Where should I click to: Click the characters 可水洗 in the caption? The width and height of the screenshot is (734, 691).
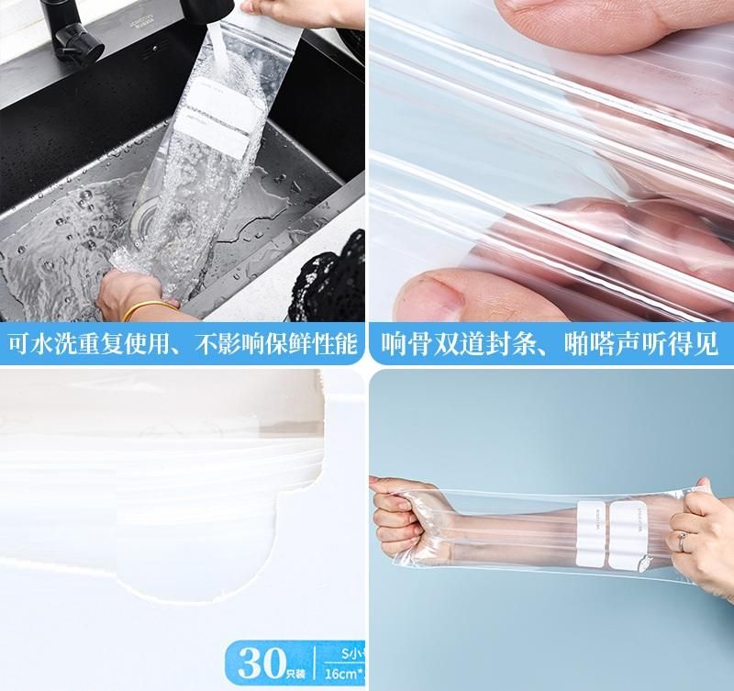(x=45, y=344)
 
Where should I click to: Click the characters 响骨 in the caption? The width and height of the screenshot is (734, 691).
(x=410, y=344)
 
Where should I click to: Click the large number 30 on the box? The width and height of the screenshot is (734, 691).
(x=254, y=660)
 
